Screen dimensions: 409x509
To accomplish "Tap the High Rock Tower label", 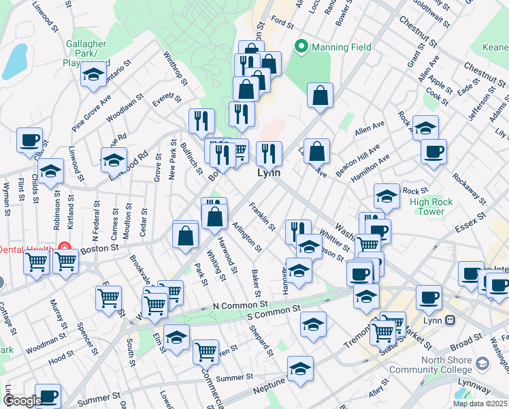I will coord(427,207).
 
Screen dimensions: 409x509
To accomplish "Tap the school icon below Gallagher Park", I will coord(93,76).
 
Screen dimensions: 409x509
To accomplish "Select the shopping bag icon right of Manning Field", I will coord(320,97).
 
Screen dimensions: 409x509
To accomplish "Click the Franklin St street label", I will coord(262,217).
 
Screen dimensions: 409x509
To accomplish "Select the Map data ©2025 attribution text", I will coord(480,404).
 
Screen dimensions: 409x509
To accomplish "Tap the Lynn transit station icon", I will coord(450,319).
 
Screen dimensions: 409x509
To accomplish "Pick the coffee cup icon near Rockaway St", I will coord(433,152).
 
